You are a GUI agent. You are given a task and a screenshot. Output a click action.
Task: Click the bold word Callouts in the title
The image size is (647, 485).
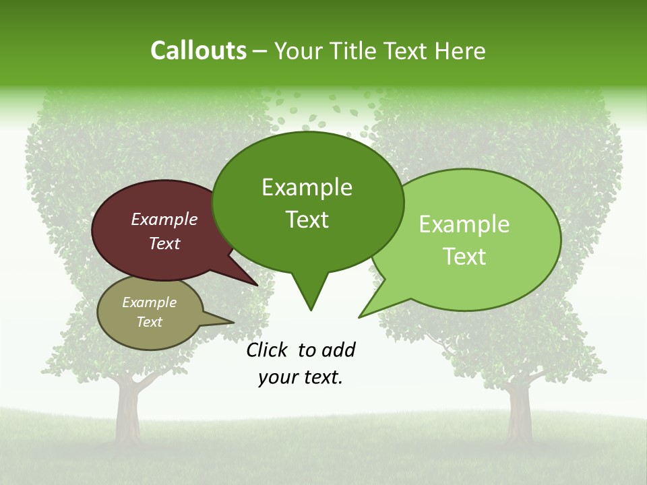198,51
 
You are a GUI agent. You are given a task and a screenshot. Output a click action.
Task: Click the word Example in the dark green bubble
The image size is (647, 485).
307,187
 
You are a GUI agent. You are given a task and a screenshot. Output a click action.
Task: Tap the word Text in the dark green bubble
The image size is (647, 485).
307,220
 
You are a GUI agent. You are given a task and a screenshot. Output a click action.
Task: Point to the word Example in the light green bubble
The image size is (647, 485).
464,224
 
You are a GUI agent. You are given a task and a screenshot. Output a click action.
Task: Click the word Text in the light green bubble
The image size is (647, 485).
464,257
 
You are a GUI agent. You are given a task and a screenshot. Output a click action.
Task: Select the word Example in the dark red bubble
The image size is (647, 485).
164,219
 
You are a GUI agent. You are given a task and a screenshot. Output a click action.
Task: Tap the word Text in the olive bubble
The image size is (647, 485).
150,322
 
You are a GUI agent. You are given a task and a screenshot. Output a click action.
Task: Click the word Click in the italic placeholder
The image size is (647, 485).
268,350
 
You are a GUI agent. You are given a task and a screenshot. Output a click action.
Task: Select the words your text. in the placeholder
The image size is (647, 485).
301,377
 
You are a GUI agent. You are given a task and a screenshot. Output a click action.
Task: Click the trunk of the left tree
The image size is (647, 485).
126,411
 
